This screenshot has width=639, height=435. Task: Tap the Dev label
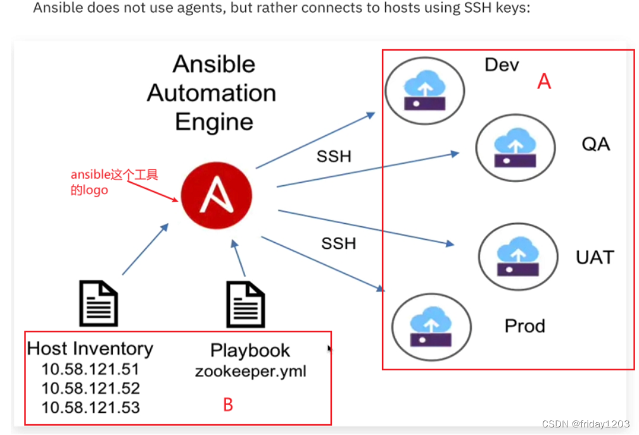pyautogui.click(x=502, y=64)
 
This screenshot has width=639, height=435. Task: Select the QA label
pyautogui.click(x=595, y=144)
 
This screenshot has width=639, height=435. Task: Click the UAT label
pyautogui.click(x=595, y=257)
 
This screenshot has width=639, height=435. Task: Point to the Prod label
pyautogui.click(x=524, y=326)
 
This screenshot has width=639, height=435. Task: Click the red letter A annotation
pyautogui.click(x=544, y=81)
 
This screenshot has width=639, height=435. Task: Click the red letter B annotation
pyautogui.click(x=228, y=405)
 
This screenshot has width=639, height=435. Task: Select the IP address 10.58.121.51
pyautogui.click(x=91, y=369)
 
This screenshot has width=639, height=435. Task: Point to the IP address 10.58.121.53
pyautogui.click(x=91, y=408)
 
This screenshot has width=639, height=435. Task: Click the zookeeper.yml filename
pyautogui.click(x=250, y=371)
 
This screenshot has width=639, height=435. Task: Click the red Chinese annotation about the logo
pyautogui.click(x=114, y=182)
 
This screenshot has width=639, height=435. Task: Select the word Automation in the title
pyautogui.click(x=212, y=93)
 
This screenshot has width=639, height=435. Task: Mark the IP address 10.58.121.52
pyautogui.click(x=91, y=388)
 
